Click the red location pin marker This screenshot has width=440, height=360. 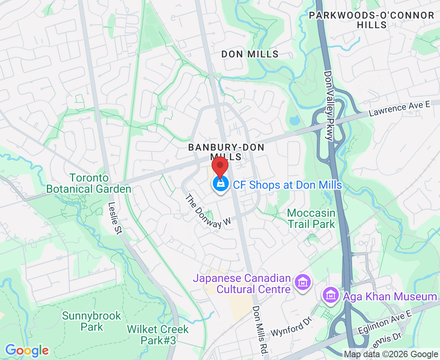[220, 166]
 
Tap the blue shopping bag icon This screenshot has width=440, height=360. [220, 184]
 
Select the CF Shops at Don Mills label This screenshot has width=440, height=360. [287, 185]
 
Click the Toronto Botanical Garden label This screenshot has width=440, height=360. [89, 183]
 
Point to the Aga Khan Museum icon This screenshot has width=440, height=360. [330, 296]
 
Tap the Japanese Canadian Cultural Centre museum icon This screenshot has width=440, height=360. [303, 283]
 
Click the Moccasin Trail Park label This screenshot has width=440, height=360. [311, 218]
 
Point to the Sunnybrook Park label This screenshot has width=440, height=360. [91, 321]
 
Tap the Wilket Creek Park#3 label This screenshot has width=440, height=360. [158, 335]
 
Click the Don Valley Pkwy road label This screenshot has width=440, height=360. [328, 106]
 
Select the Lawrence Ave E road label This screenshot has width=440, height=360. [399, 109]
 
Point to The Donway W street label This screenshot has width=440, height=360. [209, 212]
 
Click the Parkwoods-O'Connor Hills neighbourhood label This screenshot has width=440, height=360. [372, 20]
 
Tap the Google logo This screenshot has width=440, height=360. [27, 350]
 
